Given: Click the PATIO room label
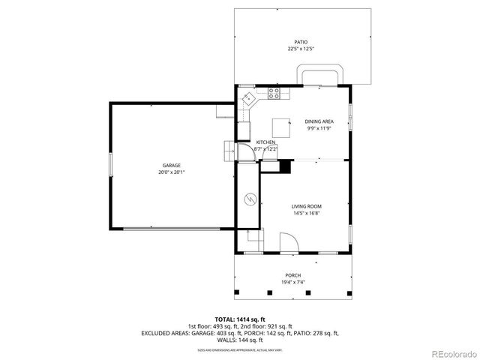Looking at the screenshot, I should pyautogui.click(x=300, y=42).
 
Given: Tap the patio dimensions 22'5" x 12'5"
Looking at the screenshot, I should pyautogui.click(x=300, y=49).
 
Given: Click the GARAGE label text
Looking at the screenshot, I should pyautogui.click(x=172, y=165).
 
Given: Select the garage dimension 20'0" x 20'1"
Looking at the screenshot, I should pyautogui.click(x=172, y=172).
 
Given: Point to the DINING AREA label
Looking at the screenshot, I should pyautogui.click(x=319, y=121).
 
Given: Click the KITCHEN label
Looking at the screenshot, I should pyautogui.click(x=265, y=142).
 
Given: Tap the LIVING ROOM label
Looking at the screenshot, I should pyautogui.click(x=306, y=205).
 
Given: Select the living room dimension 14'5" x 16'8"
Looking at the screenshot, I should pyautogui.click(x=306, y=213).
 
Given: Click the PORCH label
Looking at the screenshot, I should pyautogui.click(x=292, y=274).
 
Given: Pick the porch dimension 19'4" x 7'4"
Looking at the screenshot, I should pyautogui.click(x=292, y=282).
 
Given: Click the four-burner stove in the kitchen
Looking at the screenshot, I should pyautogui.click(x=274, y=94).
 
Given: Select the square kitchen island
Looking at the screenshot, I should pyautogui.click(x=280, y=124).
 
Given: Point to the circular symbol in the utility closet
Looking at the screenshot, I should pyautogui.click(x=249, y=199).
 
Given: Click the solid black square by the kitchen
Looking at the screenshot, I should pyautogui.click(x=284, y=167).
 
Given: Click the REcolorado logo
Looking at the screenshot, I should pyautogui.click(x=452, y=353).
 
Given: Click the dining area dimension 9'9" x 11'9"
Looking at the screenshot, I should pyautogui.click(x=319, y=128).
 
